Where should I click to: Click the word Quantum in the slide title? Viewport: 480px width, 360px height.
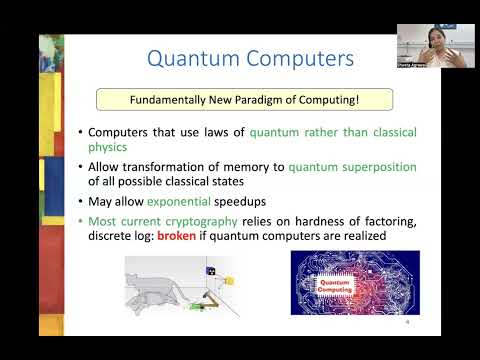tap(190, 59)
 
